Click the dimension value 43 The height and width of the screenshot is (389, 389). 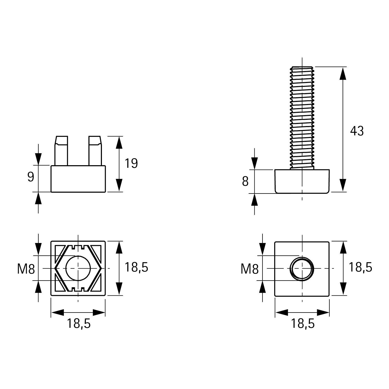coord(357,131)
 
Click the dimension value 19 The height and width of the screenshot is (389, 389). coord(131,164)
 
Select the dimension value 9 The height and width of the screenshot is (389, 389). coord(31,177)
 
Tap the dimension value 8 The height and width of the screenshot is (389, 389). coord(245,182)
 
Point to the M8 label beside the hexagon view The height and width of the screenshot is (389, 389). coord(26,269)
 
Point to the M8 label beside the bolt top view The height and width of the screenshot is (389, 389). coord(250,269)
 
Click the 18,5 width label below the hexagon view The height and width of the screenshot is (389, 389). coord(79,324)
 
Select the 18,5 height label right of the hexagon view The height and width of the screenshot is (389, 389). coord(136,267)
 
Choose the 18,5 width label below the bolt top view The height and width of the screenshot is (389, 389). coord(303,324)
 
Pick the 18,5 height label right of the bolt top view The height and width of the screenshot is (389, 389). coord(360,267)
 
